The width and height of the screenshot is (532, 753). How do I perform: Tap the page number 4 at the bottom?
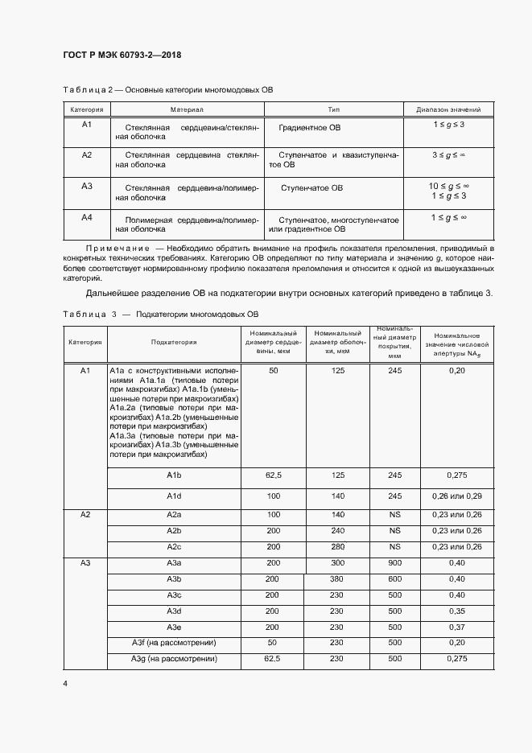64,683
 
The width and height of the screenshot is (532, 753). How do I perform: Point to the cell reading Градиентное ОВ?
310,128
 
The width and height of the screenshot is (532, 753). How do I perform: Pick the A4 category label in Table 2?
87,217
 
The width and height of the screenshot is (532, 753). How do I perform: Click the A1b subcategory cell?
174,476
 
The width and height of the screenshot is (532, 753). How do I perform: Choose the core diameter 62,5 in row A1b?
273,476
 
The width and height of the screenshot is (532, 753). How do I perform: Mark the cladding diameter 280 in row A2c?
337,547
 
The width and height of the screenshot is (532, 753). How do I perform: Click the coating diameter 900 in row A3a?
394,563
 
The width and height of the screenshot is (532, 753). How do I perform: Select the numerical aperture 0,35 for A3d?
456,611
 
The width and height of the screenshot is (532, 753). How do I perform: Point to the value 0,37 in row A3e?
456,627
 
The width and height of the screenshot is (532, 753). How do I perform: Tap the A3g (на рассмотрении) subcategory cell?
174,660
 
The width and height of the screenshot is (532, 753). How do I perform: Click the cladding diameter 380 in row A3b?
337,579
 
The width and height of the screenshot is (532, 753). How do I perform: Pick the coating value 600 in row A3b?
394,579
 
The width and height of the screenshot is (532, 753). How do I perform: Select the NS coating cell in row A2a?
394,515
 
